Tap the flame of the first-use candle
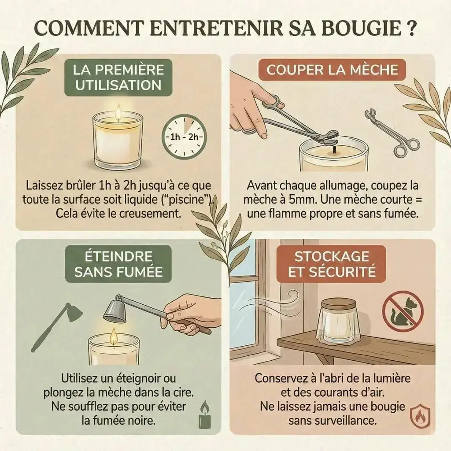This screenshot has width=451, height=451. tap(118, 114)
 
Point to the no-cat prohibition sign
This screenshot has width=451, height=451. tap(402, 312)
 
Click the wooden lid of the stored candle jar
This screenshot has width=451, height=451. tap(338, 303)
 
